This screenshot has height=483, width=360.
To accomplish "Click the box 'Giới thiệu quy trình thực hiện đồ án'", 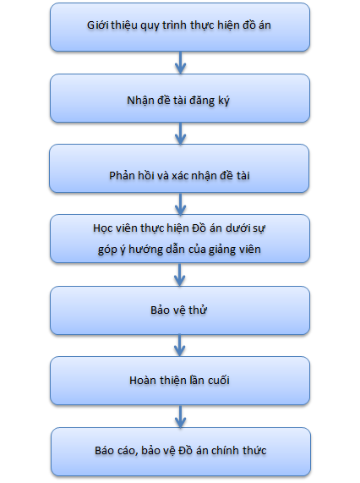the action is click(180, 27).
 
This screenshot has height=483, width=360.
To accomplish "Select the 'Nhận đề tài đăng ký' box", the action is click(180, 98).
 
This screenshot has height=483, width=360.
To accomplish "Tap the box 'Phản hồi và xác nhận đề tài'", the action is click(179, 168).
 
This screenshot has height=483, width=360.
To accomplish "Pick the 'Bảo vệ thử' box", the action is click(180, 310).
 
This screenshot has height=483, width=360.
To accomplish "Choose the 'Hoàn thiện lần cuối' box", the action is click(180, 381).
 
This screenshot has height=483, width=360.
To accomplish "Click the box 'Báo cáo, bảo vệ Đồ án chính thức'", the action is click(181, 452).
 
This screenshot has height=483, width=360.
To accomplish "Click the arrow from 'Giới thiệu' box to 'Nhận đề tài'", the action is click(180, 63).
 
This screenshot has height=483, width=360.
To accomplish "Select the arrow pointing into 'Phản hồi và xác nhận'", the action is click(180, 134).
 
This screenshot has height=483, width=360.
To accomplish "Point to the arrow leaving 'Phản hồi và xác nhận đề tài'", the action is click(180, 204).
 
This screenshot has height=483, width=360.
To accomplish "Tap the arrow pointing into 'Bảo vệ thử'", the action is click(180, 275).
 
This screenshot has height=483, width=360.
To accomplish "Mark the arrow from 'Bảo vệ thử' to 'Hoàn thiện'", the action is click(180, 346).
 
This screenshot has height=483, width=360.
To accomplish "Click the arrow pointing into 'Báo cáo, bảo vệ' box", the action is click(180, 416).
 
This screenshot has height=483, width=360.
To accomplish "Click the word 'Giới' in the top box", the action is click(98, 25).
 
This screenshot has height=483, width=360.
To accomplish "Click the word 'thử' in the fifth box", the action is click(198, 310).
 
